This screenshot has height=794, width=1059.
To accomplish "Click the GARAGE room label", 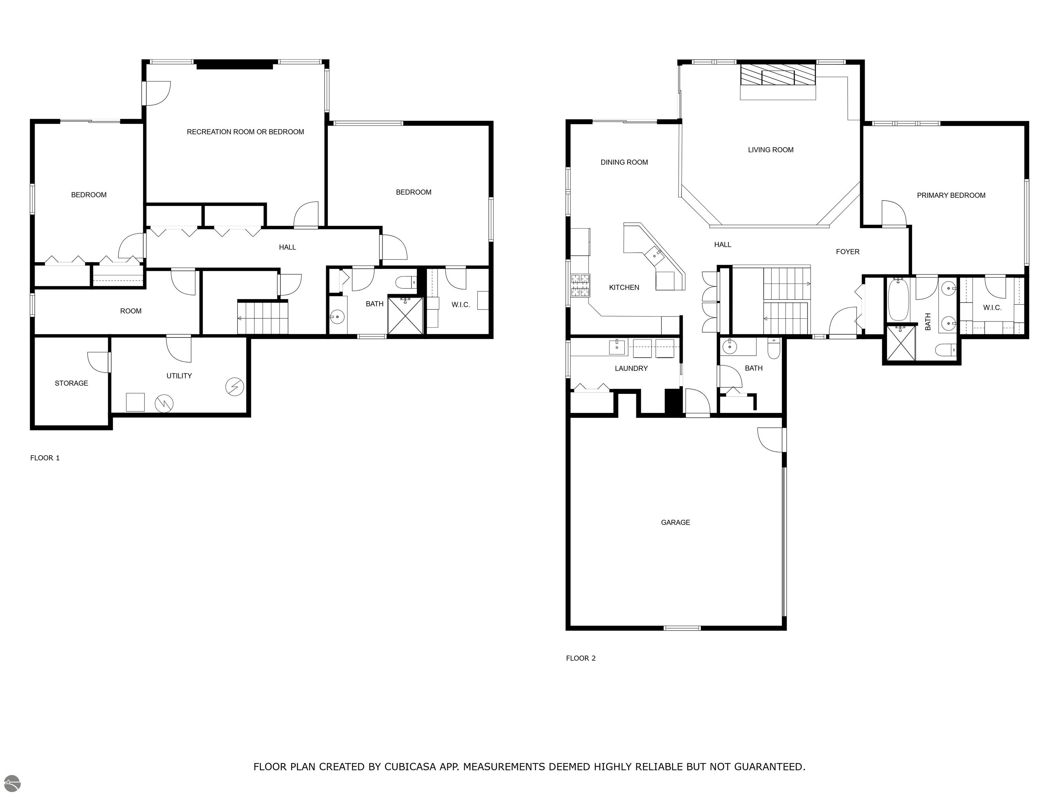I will click(675, 522).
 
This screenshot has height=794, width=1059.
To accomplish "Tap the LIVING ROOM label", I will click(770, 150).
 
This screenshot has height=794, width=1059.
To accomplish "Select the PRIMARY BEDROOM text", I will click(951, 195).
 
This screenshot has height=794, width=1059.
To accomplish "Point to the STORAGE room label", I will click(71, 383).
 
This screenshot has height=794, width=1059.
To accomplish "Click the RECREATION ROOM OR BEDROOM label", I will click(245, 132).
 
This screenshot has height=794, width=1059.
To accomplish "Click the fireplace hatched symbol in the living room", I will click(777, 75).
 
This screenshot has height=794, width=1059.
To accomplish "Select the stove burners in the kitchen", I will click(580, 285).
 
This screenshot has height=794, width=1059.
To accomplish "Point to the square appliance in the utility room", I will click(135, 402).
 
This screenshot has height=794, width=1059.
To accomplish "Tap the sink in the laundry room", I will click(617, 347).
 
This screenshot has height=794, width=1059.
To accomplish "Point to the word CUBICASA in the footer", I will click(410, 767).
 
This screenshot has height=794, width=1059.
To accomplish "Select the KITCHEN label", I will click(624, 287).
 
